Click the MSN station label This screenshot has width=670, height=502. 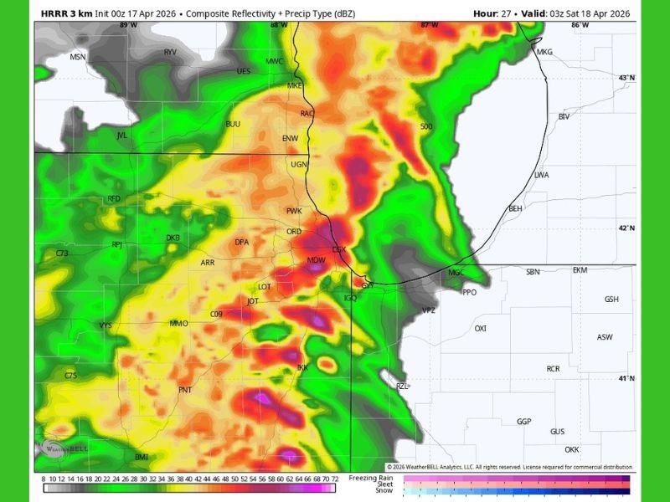pyautogui.click(x=78, y=57)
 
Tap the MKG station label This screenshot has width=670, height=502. pyautogui.click(x=544, y=52)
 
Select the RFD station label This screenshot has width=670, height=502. pyautogui.click(x=114, y=198)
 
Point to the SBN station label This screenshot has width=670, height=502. pyautogui.click(x=533, y=272)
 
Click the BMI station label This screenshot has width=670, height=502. pyautogui.click(x=142, y=457)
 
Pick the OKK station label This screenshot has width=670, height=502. pyautogui.click(x=572, y=449)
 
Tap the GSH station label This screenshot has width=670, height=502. pyautogui.click(x=611, y=300)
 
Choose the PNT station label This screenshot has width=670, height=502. pyautogui.click(x=185, y=390)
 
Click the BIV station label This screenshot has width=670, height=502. pyautogui.click(x=564, y=116)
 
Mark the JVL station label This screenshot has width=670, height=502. pyautogui.click(x=122, y=135)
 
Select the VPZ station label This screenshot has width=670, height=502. pyautogui.click(x=429, y=310)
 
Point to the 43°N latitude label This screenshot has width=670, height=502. pyautogui.click(x=626, y=78)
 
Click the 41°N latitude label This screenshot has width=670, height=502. pyautogui.click(x=626, y=378)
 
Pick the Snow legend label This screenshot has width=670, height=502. pyautogui.click(x=384, y=491)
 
